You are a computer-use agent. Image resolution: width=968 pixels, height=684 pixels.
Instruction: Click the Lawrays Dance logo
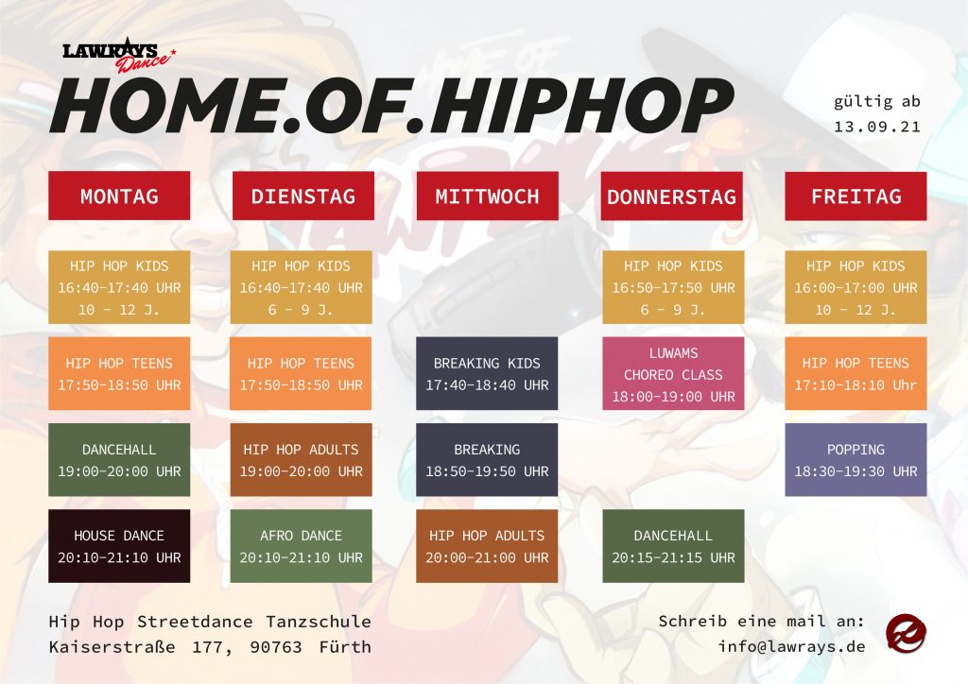[x=118, y=56]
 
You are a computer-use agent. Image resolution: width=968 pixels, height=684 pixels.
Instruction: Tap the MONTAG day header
[x=119, y=196]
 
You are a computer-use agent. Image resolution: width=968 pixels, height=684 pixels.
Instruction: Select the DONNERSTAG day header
[x=672, y=197]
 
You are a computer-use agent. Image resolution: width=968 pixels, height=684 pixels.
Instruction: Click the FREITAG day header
[x=856, y=197]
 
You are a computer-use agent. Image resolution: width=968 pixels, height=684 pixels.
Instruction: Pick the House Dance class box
[x=119, y=546]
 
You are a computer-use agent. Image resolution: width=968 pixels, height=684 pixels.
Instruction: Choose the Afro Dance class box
[x=302, y=546]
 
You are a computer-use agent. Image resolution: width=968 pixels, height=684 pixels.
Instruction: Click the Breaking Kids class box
[x=487, y=373]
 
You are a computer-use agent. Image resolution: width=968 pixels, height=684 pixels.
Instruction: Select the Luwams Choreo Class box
[x=673, y=373]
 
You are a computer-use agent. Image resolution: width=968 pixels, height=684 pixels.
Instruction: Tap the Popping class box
[x=856, y=459]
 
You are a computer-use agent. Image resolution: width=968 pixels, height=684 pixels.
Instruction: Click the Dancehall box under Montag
[x=119, y=459]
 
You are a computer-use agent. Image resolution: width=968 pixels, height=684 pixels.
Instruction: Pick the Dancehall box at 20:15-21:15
[x=673, y=546]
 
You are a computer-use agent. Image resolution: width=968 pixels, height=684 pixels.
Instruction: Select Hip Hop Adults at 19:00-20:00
[x=302, y=459]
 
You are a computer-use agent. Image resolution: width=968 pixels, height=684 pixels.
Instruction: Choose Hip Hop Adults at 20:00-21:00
[x=487, y=546]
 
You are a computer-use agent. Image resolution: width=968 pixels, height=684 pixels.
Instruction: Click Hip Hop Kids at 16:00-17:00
[x=856, y=287]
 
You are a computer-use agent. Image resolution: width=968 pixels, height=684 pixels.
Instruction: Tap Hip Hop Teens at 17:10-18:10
[x=856, y=373]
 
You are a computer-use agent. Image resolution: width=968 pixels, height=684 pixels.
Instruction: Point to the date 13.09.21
[x=876, y=127]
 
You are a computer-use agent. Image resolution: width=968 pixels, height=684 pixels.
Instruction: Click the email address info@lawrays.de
[x=791, y=646]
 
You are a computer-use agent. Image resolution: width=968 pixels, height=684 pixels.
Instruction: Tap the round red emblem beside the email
[x=906, y=633]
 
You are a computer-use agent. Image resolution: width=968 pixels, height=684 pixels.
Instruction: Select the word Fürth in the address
[x=345, y=646]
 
